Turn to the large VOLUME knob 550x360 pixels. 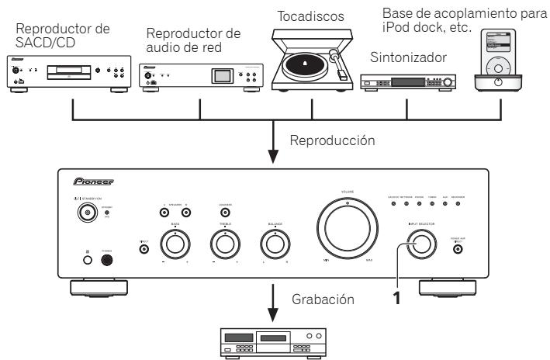pyautogui.click(x=348, y=233)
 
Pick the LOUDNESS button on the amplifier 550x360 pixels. pyautogui.click(x=225, y=213)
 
